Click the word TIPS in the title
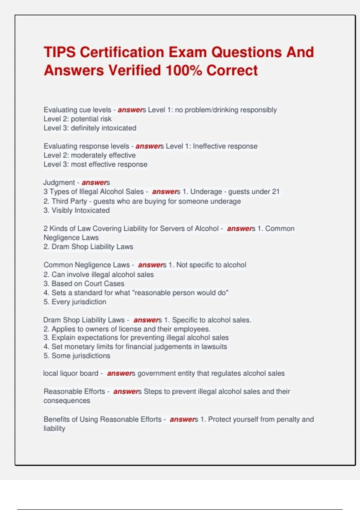(60, 52)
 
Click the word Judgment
(59, 182)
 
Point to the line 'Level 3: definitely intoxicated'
(90, 128)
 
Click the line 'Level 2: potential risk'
(77, 119)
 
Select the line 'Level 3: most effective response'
(95, 164)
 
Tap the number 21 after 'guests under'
(275, 192)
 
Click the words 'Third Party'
(69, 201)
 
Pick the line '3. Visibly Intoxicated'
(76, 210)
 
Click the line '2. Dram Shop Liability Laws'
(88, 247)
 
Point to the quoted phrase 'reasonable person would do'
(180, 293)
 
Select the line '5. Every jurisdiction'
(75, 302)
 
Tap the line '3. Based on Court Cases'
(84, 283)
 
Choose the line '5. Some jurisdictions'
(77, 356)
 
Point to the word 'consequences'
(67, 401)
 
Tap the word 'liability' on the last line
(54, 428)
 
